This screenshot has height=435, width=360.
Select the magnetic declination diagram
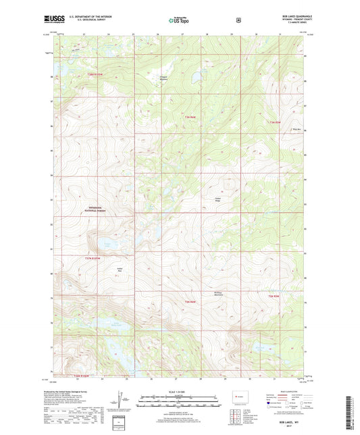(x=122, y=399)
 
